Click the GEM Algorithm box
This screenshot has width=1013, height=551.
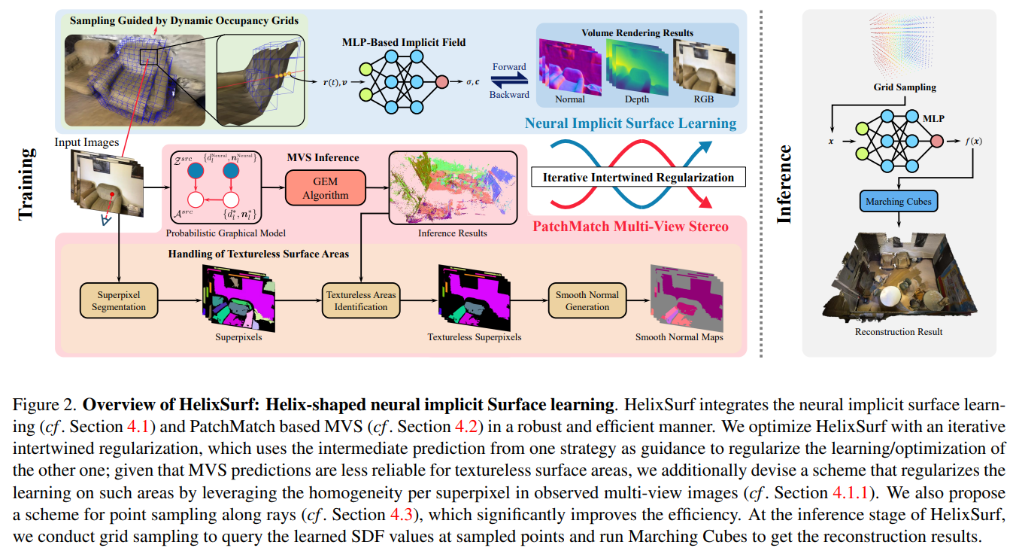pos(325,188)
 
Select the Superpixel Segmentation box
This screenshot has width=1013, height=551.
pos(119,300)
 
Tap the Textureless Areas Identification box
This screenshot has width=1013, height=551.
pos(361,300)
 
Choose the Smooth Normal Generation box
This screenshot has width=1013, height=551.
pos(587,300)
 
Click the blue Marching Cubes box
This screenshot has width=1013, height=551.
pos(899,202)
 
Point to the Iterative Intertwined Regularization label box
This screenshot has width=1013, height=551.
pos(638,177)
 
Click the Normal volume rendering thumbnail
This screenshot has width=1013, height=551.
pos(570,66)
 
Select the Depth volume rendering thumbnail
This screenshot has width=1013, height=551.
pos(637,66)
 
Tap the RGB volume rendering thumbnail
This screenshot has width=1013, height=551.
pos(704,66)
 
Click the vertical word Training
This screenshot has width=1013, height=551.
pos(26,184)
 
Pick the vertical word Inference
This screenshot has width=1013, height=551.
pos(784,184)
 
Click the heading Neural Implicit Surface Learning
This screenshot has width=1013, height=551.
pos(630,123)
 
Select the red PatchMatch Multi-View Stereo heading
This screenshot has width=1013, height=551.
pos(630,227)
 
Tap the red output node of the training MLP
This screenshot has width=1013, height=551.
pos(442,82)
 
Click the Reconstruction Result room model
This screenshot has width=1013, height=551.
pos(899,277)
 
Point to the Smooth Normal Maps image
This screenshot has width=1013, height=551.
pos(687,299)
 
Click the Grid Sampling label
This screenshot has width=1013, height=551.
pos(905,87)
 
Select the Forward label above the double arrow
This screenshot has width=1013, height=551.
pos(509,67)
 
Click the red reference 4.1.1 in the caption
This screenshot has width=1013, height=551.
pos(851,492)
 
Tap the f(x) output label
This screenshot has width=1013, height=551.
pos(973,142)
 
